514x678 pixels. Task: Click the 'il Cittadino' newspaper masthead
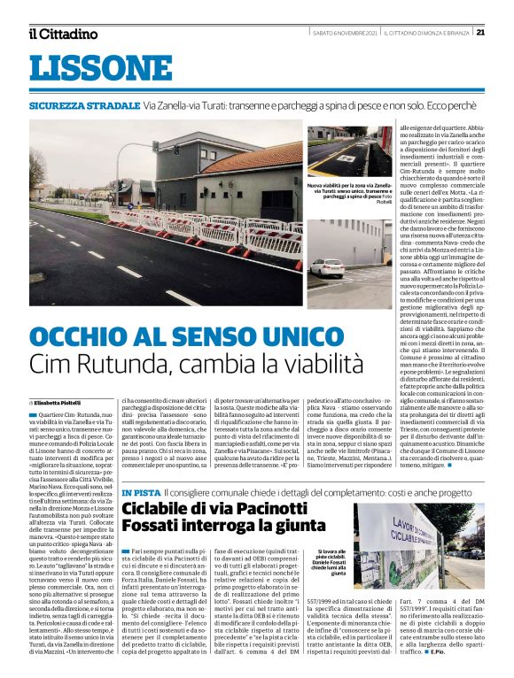(x=62, y=34)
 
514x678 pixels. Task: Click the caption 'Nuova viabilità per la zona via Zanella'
(x=349, y=188)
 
